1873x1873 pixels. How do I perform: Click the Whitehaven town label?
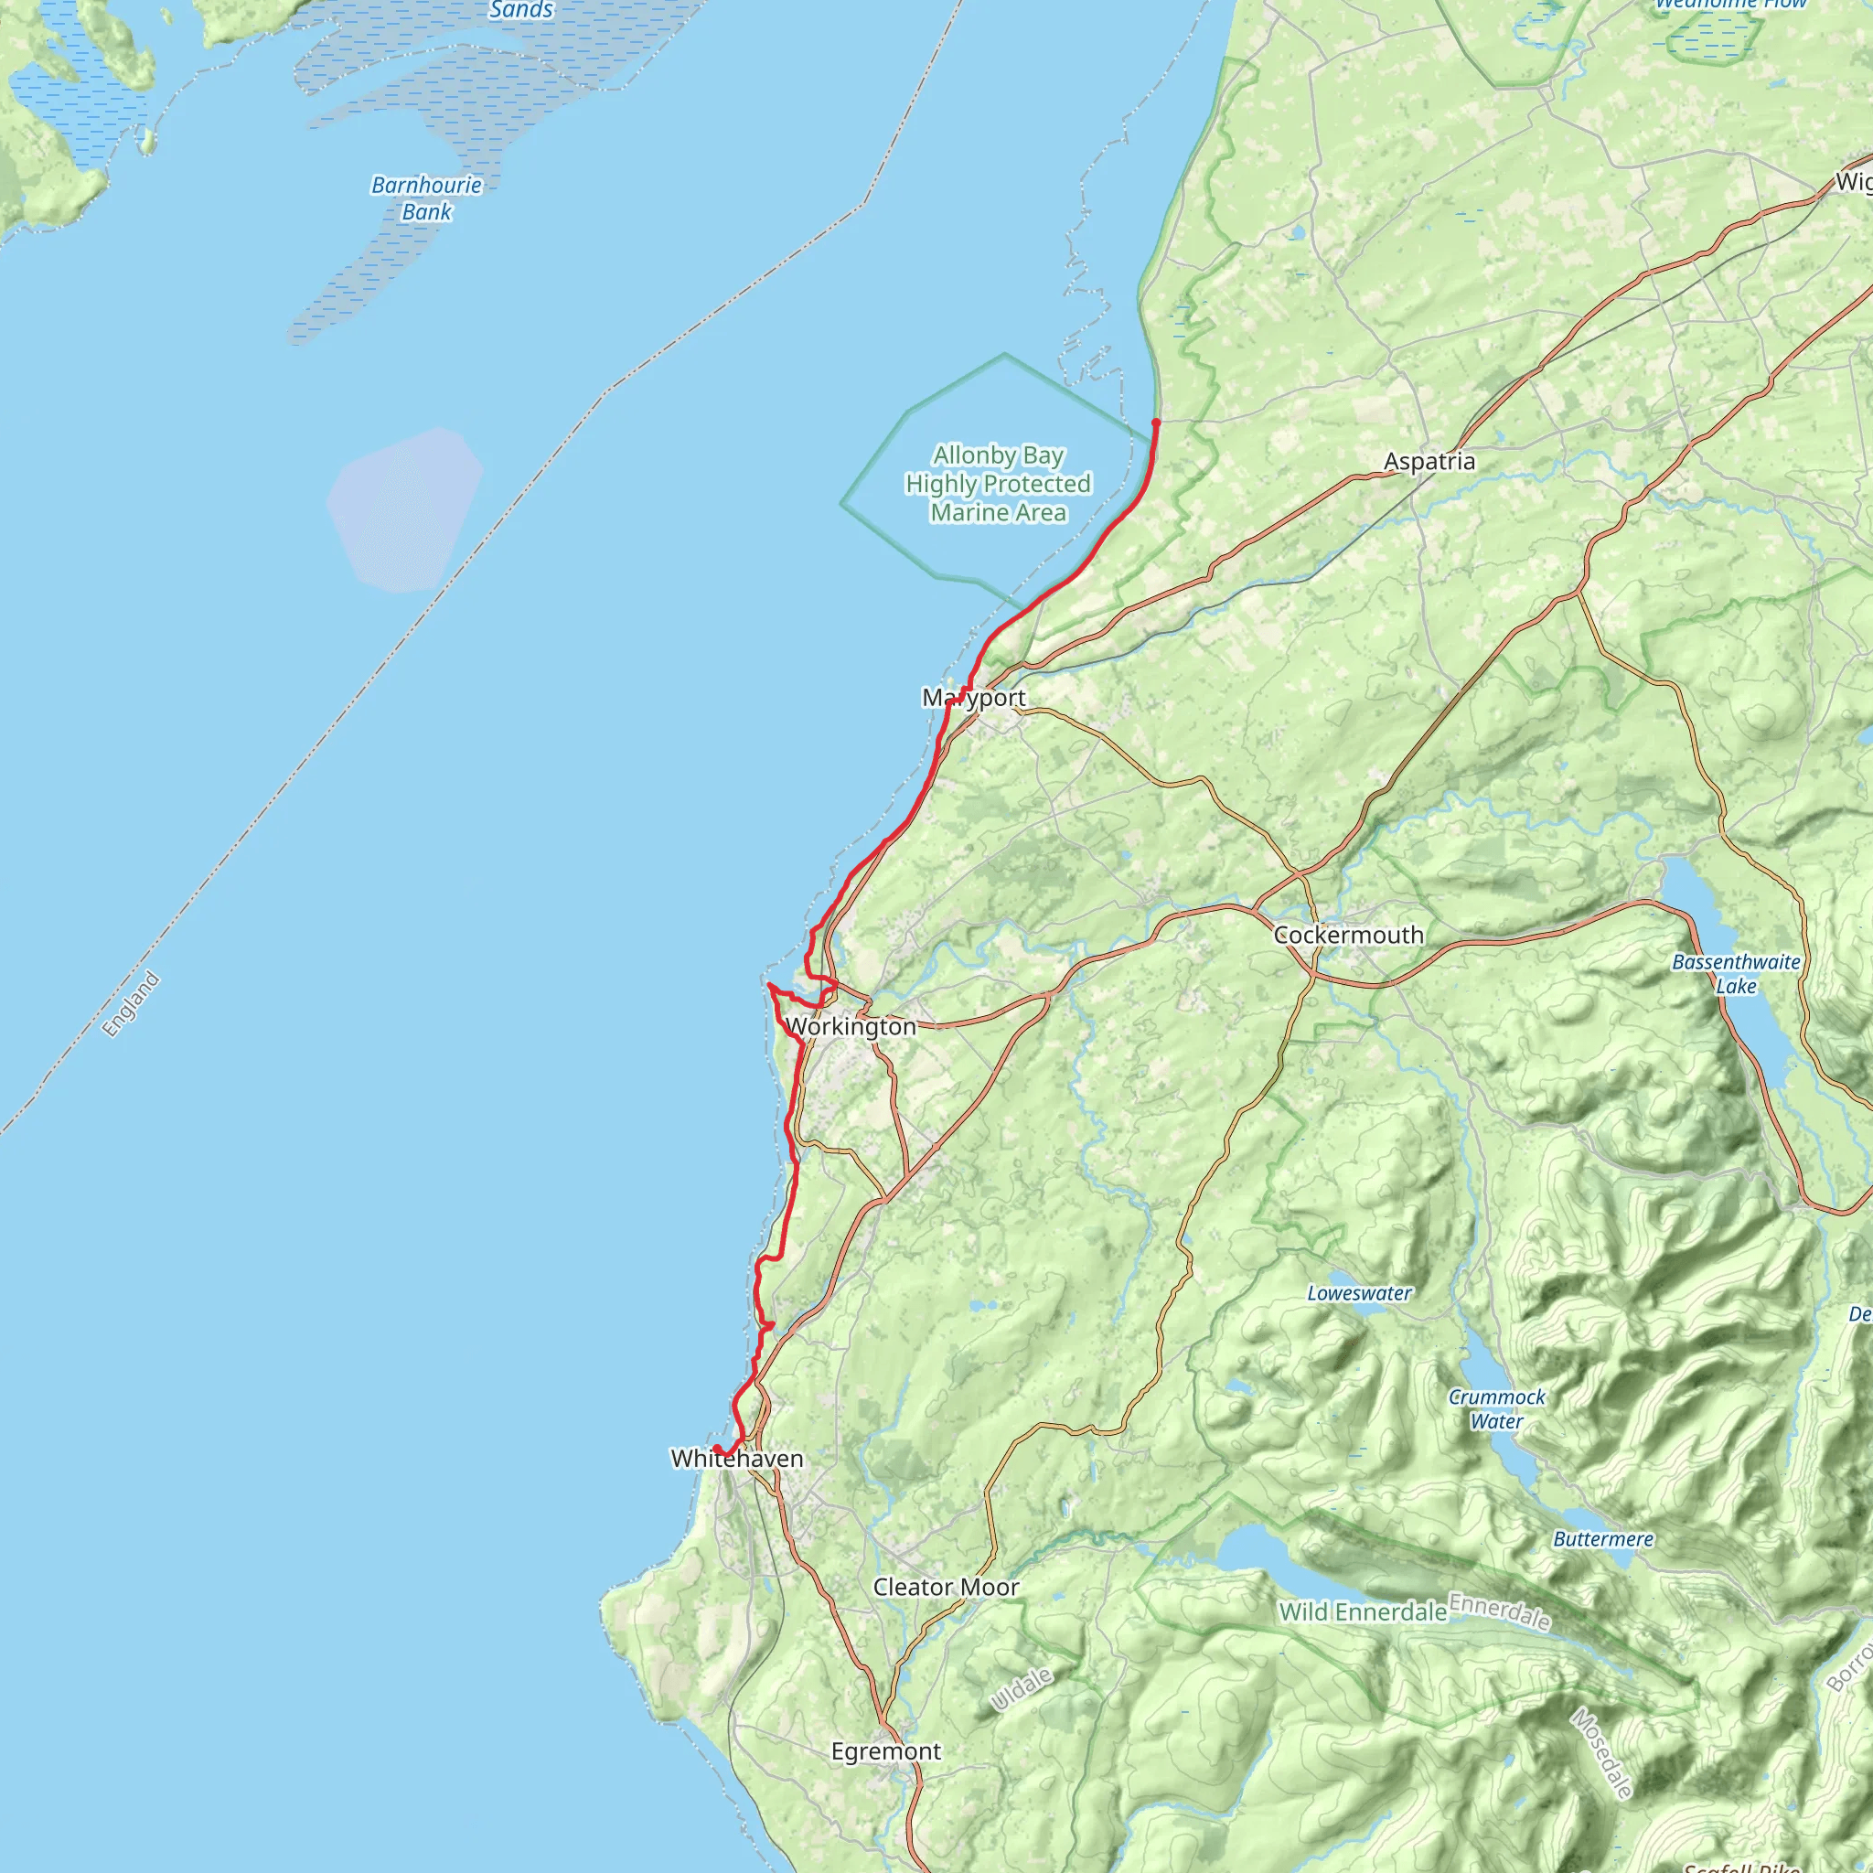point(737,1458)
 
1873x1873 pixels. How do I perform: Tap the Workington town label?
point(851,1026)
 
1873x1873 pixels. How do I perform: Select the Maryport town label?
point(973,697)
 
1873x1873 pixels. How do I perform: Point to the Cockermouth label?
point(1347,935)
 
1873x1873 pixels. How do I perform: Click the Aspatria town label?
point(1429,462)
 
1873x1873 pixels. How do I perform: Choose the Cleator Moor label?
point(946,1587)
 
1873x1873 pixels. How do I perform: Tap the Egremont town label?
point(885,1750)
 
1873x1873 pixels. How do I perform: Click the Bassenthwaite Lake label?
point(1735,973)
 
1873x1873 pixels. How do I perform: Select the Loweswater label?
point(1359,1293)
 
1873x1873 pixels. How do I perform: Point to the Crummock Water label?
point(1496,1408)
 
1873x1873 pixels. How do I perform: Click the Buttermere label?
point(1602,1538)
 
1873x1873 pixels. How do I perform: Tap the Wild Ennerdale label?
point(1362,1611)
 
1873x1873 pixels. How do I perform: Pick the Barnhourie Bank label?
point(426,198)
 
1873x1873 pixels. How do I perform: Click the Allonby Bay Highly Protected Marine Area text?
point(998,483)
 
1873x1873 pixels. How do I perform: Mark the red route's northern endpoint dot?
point(1156,423)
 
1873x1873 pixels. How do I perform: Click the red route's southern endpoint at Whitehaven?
point(716,1450)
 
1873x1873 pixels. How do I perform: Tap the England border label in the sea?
point(131,1004)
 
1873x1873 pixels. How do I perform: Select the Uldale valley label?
point(1021,1690)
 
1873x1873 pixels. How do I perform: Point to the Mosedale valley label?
point(1601,1753)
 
